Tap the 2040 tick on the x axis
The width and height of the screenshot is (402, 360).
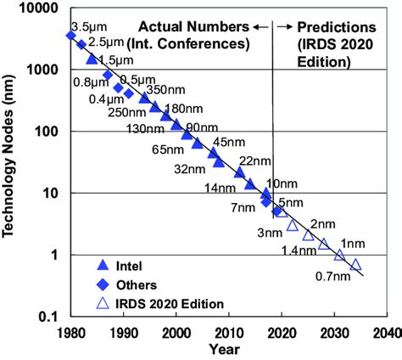(386, 333)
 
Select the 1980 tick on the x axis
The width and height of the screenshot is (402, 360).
(71, 333)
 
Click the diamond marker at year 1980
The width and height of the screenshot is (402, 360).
(71, 36)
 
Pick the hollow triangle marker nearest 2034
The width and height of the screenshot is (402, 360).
(355, 264)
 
